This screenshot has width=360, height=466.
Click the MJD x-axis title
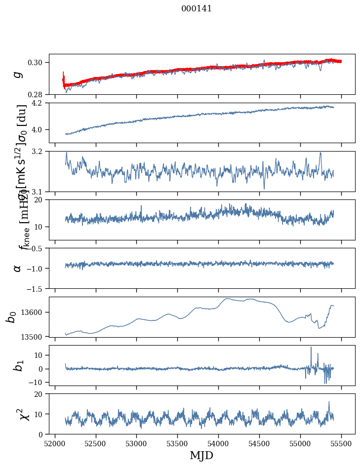pos(201,455)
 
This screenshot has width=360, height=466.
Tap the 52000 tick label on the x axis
pos(55,443)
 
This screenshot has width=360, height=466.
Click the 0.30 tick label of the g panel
pos(39,62)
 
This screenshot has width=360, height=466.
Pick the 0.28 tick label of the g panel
pos(39,94)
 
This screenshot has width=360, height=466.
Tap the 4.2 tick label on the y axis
pos(41,103)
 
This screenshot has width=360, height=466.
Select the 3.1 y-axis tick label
pos(41,192)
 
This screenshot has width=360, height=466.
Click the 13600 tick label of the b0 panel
pos(35,312)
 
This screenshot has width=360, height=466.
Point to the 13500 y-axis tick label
pos(35,337)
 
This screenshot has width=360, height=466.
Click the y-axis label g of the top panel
pos(18,74)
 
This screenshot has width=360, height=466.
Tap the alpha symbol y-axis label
pos(18,268)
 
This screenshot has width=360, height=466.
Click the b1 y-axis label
pos(19,365)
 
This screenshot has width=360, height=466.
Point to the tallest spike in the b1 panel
pos(311,348)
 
